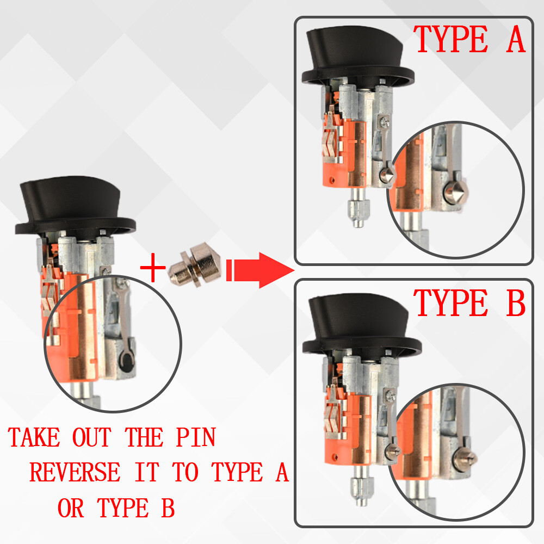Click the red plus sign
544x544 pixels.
[153, 267]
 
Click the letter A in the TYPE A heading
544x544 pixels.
[516, 39]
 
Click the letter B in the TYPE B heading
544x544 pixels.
[516, 303]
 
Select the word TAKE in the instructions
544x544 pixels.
[34, 437]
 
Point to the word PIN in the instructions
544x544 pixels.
[196, 437]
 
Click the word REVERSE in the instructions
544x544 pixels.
[75, 472]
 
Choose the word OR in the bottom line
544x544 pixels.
[71, 508]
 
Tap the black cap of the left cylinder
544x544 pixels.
[74, 207]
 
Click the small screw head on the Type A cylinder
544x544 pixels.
[385, 122]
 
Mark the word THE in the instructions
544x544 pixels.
[144, 437]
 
